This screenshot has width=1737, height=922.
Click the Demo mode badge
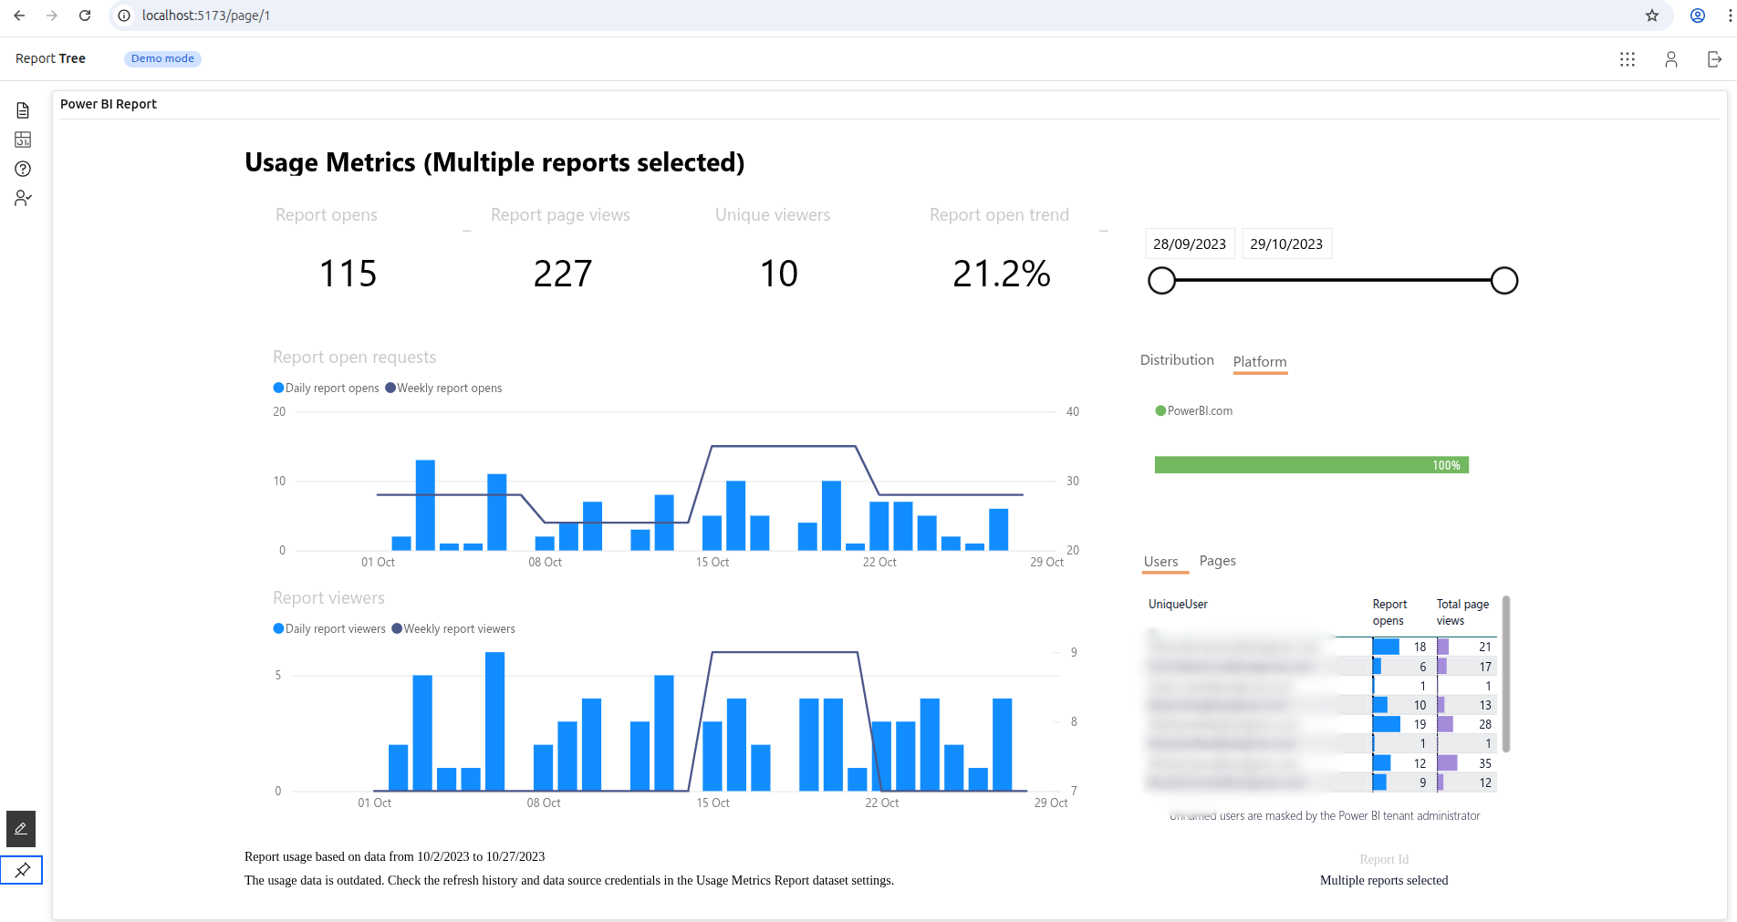click(162, 58)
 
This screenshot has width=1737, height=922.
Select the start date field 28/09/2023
click(1189, 243)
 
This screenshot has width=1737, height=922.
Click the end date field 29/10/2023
click(1285, 243)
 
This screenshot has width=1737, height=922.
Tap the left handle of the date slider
click(1161, 280)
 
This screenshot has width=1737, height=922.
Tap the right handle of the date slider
click(1503, 280)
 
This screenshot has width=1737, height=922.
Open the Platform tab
click(1259, 361)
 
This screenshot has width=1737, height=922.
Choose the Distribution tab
click(1176, 359)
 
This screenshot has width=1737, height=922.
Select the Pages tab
click(1217, 560)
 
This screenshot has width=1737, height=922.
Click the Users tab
click(1160, 561)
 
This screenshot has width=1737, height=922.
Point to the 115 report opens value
click(348, 274)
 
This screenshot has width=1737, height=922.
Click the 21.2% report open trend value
click(1001, 274)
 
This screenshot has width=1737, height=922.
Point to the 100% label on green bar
click(1445, 465)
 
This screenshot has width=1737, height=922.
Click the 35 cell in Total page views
click(1484, 763)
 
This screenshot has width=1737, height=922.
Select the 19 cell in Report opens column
click(1420, 724)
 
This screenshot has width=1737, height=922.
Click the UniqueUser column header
click(1177, 604)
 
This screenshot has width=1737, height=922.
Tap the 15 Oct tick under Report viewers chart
click(712, 803)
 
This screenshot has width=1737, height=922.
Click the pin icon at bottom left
click(22, 869)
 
